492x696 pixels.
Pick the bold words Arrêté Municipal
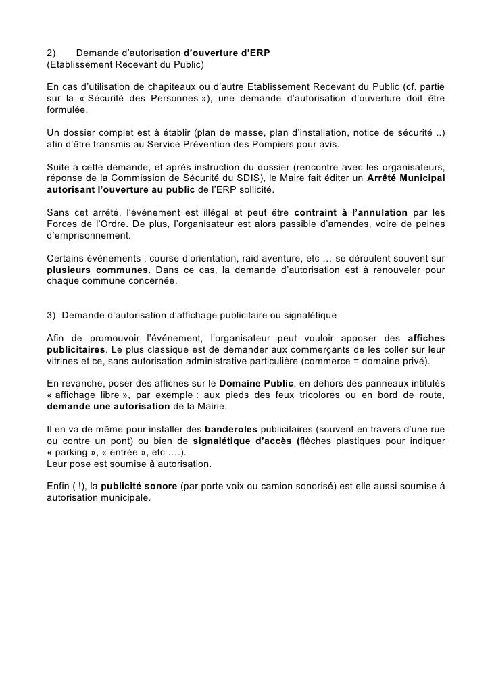click(405, 178)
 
